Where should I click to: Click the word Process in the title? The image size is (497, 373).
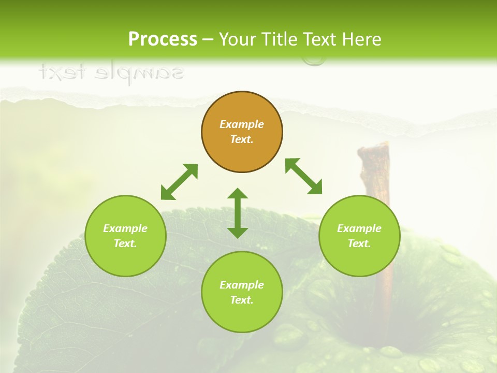163,39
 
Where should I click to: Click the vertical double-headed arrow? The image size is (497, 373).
238,213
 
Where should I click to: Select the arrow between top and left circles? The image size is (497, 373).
179,182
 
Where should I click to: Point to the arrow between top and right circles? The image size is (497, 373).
303,176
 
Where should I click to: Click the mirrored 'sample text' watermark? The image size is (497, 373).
111,73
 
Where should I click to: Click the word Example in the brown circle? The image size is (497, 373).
242,124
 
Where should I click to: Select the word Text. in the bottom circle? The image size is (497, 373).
242,300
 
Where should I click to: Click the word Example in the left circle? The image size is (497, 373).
125,228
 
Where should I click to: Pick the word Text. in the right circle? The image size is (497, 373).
359,243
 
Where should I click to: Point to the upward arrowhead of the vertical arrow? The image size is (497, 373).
238,194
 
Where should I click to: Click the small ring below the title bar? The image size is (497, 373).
314,61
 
